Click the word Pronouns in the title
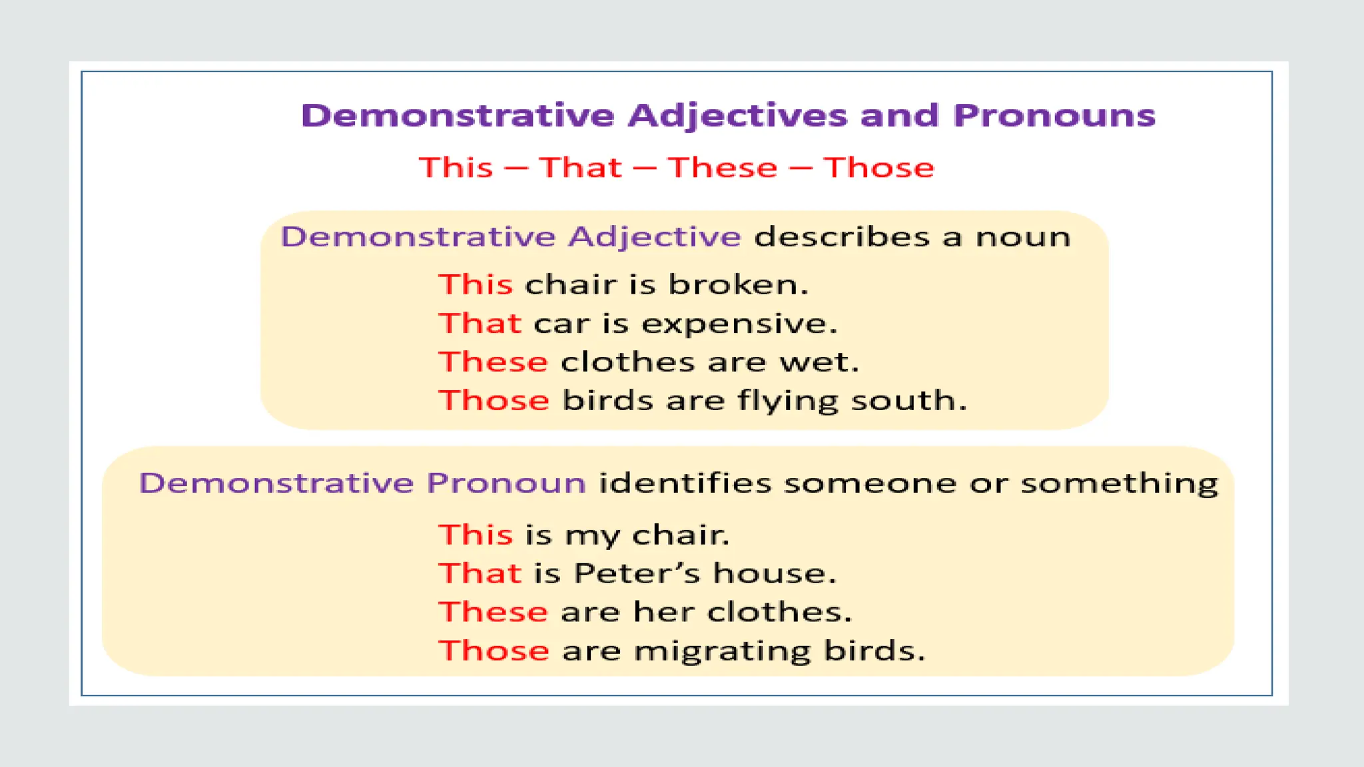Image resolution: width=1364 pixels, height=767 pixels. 1054,117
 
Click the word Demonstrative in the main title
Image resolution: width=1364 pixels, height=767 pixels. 457,116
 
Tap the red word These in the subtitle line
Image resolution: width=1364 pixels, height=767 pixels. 723,168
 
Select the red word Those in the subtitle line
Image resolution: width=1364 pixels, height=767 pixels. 878,168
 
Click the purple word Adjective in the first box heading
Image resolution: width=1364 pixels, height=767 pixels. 654,237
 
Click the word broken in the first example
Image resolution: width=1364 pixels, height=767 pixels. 737,285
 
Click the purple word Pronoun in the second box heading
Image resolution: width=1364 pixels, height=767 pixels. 506,483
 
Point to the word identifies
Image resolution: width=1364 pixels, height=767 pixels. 685,483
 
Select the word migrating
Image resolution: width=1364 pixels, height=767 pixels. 722,652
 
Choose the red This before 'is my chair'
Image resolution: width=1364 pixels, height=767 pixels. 476,535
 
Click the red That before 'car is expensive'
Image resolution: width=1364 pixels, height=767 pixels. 480,324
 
